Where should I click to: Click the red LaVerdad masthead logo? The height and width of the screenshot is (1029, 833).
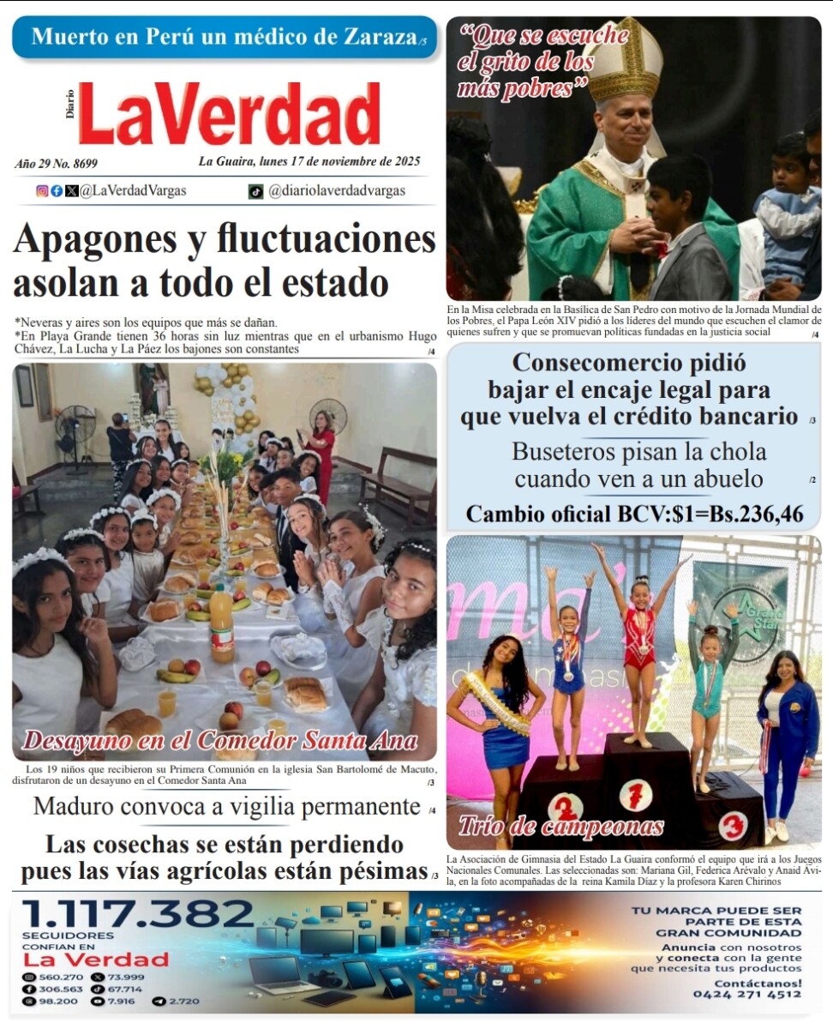229,114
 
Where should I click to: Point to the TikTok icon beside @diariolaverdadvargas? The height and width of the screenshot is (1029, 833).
255,191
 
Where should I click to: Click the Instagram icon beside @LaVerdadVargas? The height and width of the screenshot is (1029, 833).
42,191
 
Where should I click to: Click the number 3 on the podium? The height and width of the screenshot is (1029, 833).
732,825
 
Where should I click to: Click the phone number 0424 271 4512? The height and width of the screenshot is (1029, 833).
746,995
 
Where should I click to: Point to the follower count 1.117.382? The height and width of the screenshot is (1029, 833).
137,914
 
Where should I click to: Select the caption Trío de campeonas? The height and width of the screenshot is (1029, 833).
561,826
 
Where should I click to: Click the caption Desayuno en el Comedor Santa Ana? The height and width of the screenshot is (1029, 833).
220,740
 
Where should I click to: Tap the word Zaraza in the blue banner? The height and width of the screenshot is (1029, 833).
374,38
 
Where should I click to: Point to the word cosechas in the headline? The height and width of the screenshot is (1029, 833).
153,844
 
